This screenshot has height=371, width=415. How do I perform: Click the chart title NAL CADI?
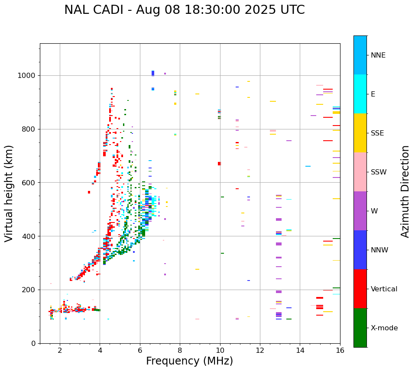(184, 10)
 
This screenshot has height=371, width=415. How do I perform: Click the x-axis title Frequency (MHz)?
(189, 361)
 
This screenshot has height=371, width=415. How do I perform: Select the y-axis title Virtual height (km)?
(9, 193)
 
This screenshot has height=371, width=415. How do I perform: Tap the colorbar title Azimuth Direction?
(405, 191)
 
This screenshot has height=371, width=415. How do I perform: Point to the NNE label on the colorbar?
(378, 55)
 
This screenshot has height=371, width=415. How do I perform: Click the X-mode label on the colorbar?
(384, 328)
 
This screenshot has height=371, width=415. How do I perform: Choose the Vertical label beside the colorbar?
(384, 289)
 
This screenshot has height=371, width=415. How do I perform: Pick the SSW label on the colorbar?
(379, 172)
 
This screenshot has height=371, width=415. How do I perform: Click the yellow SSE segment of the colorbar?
(360, 132)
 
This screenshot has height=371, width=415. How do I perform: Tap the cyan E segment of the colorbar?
(360, 94)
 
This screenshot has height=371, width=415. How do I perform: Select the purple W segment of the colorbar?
(360, 210)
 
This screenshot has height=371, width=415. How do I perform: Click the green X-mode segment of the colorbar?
(360, 327)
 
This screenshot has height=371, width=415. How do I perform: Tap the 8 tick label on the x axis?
(180, 350)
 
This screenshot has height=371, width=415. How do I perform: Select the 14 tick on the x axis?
(300, 350)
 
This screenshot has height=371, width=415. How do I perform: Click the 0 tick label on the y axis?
(33, 343)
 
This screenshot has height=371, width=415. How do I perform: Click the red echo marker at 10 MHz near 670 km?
(219, 164)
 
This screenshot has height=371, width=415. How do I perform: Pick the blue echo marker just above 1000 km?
(152, 73)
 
